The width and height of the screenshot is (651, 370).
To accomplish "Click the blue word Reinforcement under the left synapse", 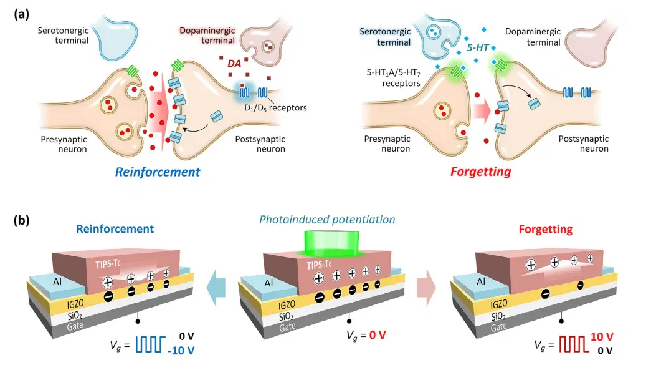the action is point(158,172).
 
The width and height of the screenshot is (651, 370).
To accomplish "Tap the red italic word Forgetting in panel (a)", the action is point(481,172).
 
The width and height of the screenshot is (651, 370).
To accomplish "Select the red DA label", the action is point(234,64).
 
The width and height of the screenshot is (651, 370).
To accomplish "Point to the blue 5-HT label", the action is point(478,47).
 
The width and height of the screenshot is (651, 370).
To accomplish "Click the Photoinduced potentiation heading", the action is point(327,220).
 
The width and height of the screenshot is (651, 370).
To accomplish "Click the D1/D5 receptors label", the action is point(275,108).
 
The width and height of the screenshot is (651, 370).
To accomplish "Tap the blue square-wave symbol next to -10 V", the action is point(150,344).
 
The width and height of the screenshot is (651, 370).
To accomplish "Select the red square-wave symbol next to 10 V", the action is point(574,344).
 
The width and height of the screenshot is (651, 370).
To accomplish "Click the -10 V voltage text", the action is point(181,351).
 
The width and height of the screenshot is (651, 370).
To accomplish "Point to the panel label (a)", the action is point(22,15).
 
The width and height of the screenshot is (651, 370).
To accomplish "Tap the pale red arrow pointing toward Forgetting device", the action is point(427,288).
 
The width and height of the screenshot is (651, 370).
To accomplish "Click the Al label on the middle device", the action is point(268,283).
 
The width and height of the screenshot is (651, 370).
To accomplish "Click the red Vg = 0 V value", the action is point(378,334).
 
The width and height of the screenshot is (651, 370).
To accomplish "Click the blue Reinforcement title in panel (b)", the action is point(115,228).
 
